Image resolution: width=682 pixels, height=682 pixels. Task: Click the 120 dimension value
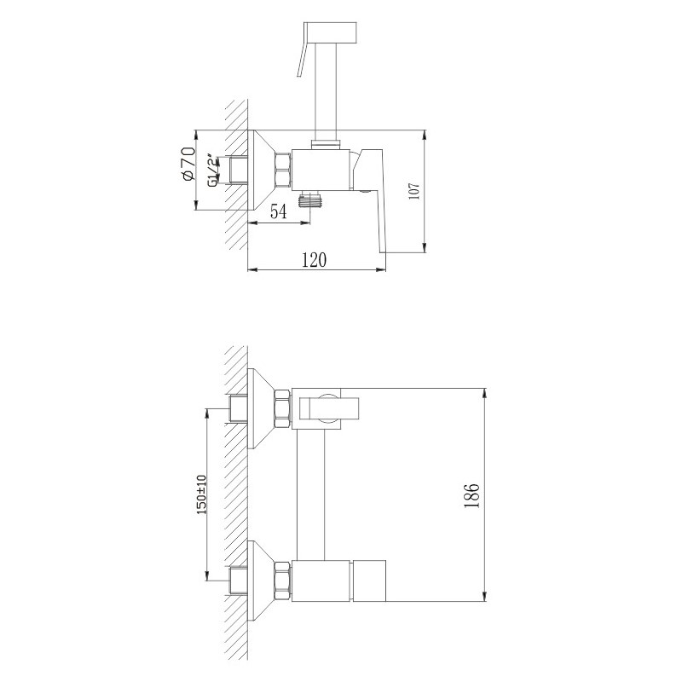pos(314,261)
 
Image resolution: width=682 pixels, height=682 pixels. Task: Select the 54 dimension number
pos(278,212)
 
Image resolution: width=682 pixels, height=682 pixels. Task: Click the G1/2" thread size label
pos(212,170)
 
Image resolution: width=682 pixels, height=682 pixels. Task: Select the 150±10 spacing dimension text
pos(201,494)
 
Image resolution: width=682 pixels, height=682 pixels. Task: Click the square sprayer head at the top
pos(333,34)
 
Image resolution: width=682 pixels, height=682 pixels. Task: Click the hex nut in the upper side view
pos(282,169)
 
